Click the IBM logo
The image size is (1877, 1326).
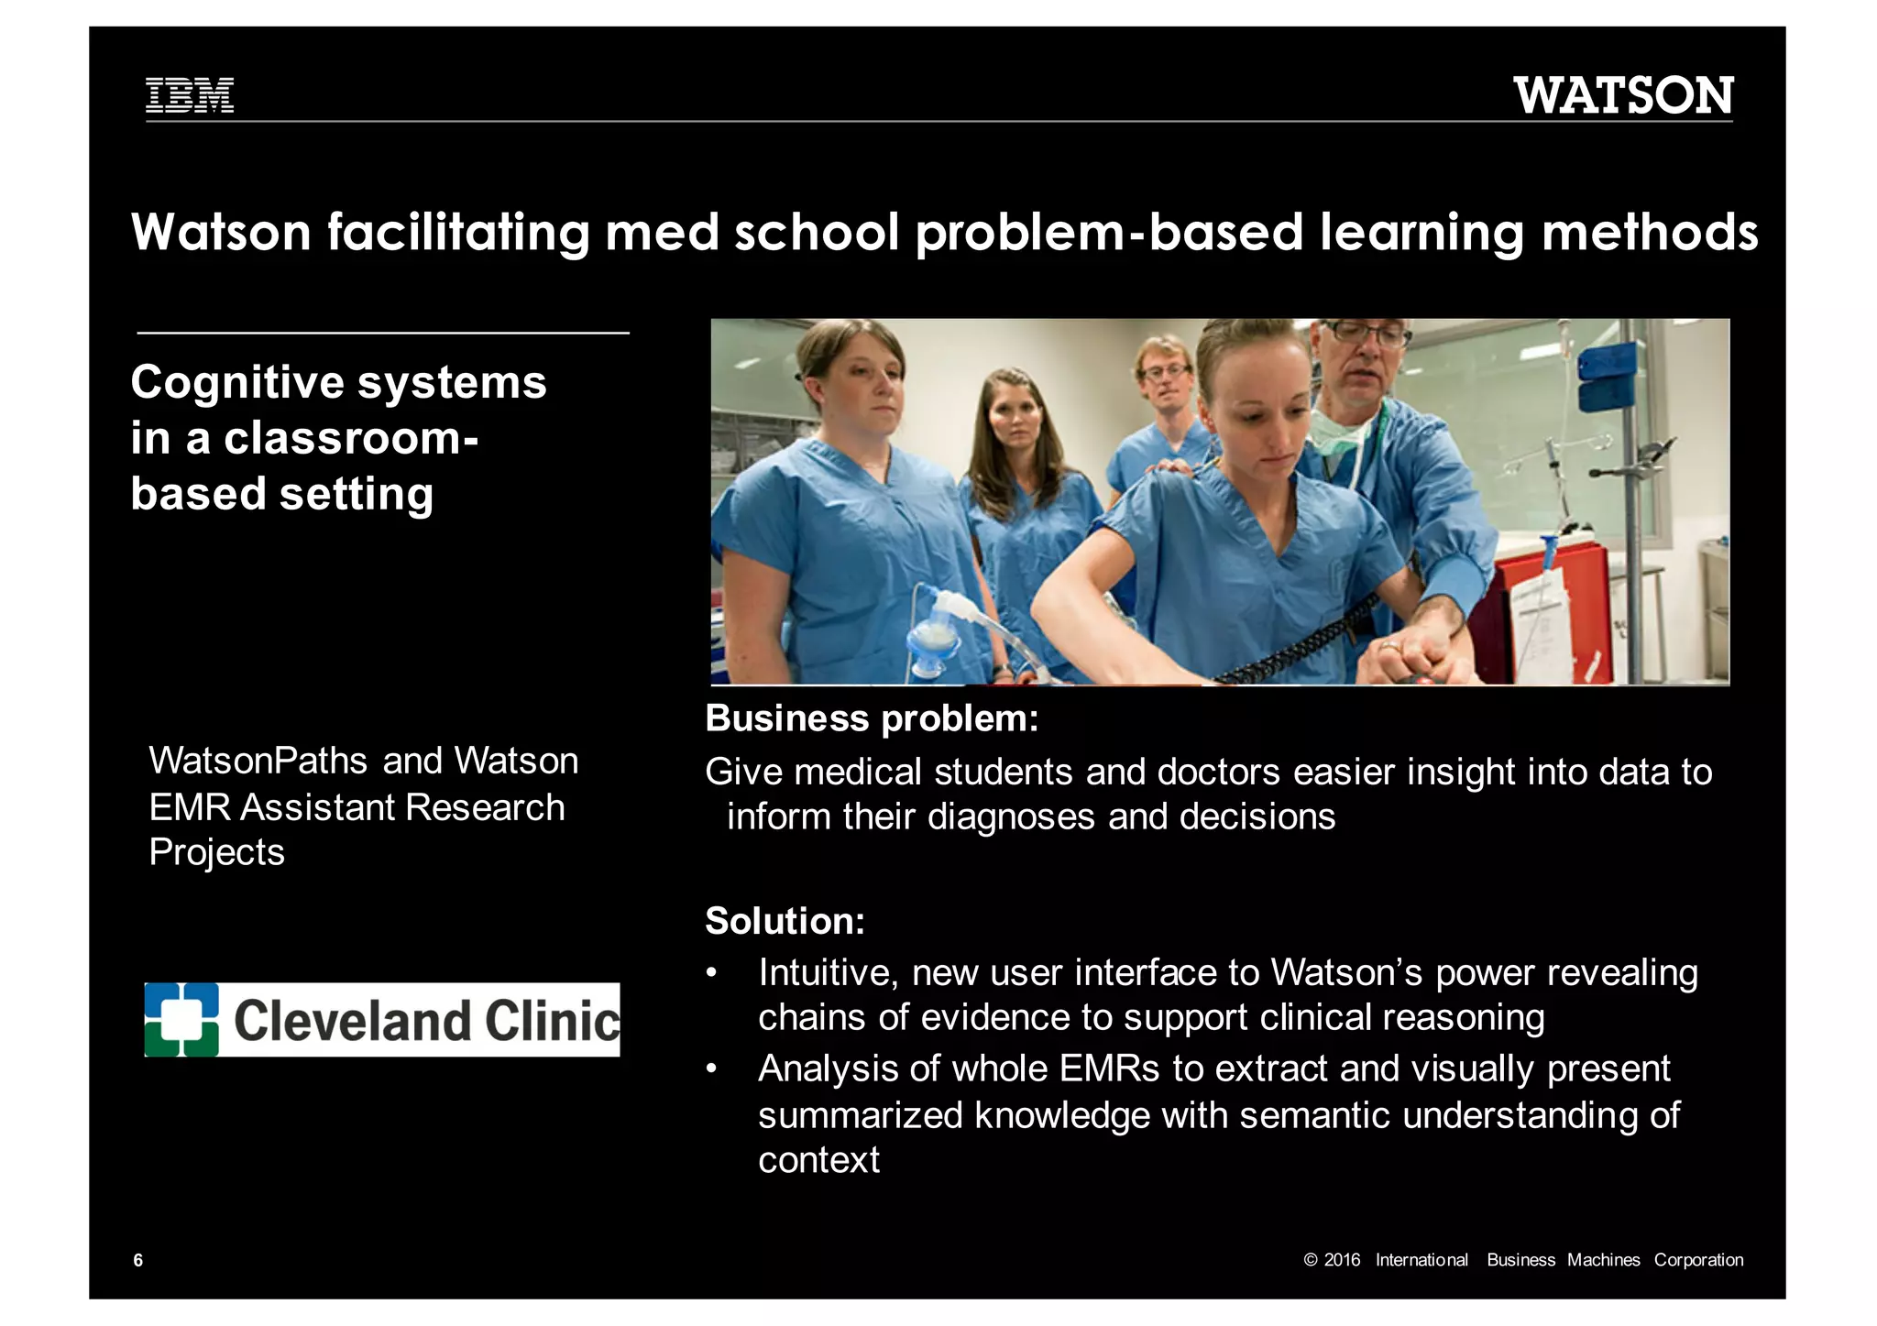point(190,95)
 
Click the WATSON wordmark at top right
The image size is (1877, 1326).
point(1623,96)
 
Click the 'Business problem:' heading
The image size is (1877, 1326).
point(872,718)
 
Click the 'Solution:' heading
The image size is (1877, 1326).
point(785,921)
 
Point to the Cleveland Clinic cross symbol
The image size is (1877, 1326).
point(181,1019)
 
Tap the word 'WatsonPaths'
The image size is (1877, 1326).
point(258,761)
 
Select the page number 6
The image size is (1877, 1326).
point(138,1260)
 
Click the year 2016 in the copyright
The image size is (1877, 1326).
point(1342,1260)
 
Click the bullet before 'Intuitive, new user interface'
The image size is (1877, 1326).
point(711,973)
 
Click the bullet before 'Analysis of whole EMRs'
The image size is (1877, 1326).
point(711,1069)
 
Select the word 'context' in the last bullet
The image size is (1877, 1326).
point(818,1160)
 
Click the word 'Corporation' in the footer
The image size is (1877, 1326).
point(1697,1260)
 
